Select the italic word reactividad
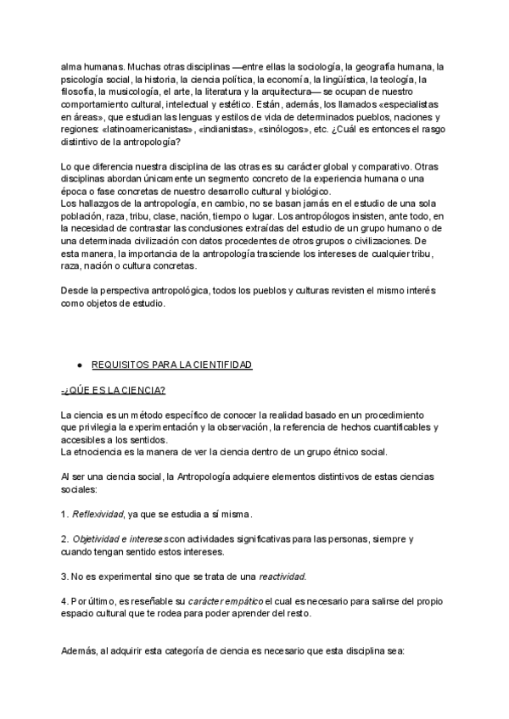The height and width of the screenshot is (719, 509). pos(282,577)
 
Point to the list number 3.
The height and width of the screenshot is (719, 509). pos(64,577)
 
